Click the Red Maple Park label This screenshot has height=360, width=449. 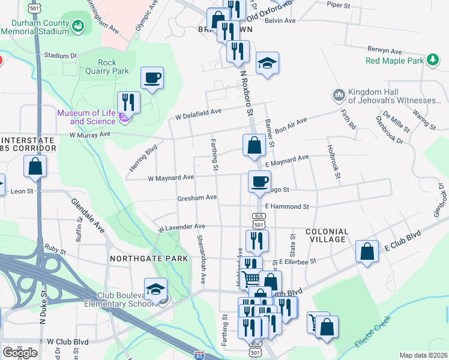click(x=394, y=61)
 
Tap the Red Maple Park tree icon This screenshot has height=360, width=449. click(x=432, y=60)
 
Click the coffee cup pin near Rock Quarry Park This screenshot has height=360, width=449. click(x=152, y=78)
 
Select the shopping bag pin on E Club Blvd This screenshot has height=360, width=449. click(x=367, y=251)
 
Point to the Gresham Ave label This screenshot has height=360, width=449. click(x=197, y=197)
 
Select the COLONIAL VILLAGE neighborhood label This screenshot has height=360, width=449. click(x=327, y=235)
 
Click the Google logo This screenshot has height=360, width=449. click(x=20, y=353)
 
